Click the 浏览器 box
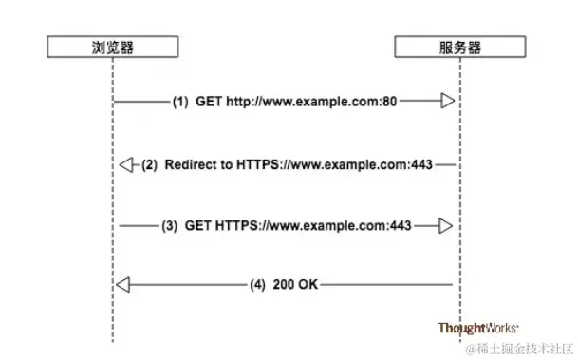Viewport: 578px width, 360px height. (x=112, y=45)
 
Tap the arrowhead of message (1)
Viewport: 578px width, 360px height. (x=447, y=101)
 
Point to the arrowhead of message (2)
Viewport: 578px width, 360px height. (x=127, y=165)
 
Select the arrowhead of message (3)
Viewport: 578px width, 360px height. (x=447, y=227)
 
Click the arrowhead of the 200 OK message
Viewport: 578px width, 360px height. (x=122, y=284)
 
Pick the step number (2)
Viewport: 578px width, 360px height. (x=150, y=165)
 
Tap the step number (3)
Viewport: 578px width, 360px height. (x=169, y=227)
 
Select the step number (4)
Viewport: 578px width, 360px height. (x=258, y=284)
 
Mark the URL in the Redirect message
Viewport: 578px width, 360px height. (x=336, y=165)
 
